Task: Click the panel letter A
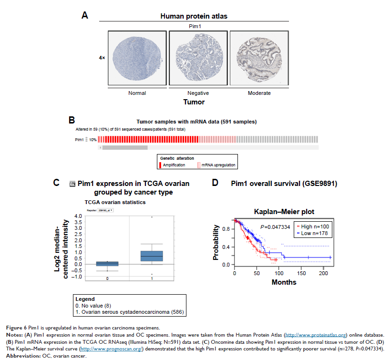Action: tap(84, 15)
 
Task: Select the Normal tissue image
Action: tap(137, 58)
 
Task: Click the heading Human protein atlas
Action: tap(194, 16)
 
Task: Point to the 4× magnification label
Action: tap(102, 58)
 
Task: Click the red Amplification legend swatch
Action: tap(160, 165)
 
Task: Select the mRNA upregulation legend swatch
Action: tap(199, 165)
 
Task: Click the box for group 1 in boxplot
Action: tap(152, 256)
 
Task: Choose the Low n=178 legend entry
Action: tap(312, 233)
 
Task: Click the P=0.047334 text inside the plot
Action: tap(275, 227)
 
